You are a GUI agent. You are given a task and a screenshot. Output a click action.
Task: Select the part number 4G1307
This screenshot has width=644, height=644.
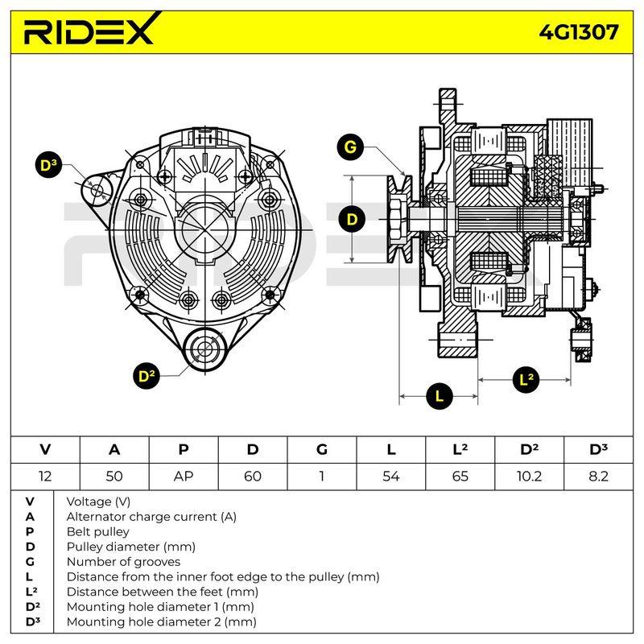(578, 32)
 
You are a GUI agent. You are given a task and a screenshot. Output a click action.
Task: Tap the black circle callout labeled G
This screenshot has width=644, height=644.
(350, 147)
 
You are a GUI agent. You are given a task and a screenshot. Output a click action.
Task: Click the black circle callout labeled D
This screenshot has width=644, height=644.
(352, 219)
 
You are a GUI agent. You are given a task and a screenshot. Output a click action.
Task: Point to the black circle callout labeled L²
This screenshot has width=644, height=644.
(526, 379)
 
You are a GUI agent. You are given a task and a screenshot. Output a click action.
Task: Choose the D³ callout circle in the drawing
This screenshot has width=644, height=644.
(49, 165)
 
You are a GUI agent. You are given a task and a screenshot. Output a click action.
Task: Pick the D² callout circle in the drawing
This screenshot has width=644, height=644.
(147, 376)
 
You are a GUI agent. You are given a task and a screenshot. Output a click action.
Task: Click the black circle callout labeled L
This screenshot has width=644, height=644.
(440, 396)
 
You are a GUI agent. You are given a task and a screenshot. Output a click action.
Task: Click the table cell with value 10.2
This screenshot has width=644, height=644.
(529, 477)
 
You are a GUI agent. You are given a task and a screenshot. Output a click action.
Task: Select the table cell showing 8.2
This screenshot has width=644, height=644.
(598, 477)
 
